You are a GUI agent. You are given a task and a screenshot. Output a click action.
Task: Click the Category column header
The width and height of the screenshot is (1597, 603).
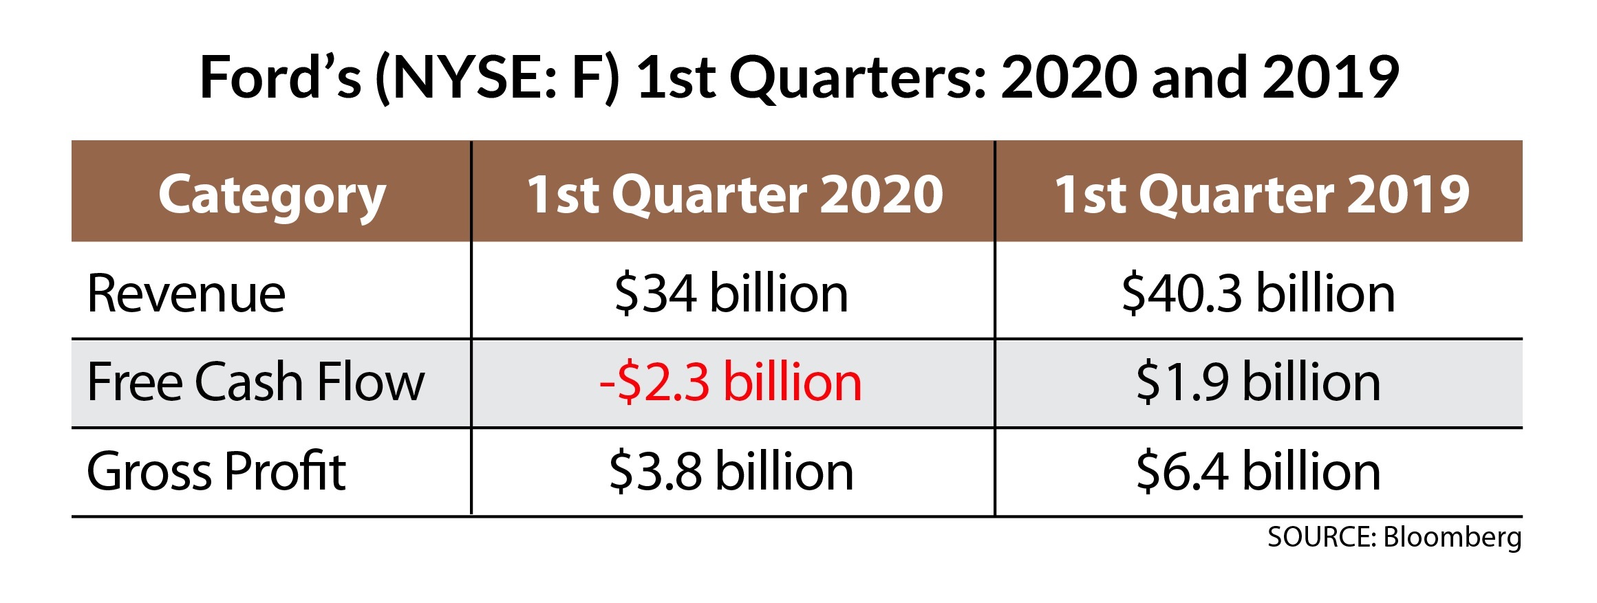[x=272, y=195]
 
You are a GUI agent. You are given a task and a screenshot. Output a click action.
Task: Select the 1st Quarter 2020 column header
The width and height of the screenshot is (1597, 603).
[x=734, y=195]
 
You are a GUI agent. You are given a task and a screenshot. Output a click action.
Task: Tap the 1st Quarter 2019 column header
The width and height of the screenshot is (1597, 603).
[x=1262, y=195]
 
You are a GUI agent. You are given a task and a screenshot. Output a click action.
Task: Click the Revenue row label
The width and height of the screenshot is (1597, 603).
[x=186, y=294]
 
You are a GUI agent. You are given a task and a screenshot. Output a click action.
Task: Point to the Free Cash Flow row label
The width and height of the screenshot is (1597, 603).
[x=255, y=382]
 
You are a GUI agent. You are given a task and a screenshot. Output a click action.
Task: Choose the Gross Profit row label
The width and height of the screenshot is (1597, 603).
[x=216, y=472]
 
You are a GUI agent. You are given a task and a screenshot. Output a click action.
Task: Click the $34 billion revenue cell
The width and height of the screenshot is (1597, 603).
[x=731, y=294]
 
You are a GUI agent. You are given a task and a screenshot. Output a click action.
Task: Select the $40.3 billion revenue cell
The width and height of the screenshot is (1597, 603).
[x=1258, y=294]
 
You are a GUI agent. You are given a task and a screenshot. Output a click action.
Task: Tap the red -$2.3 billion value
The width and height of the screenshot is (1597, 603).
[x=731, y=382]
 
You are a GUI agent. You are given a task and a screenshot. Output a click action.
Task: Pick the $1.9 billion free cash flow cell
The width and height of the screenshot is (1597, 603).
[x=1258, y=382]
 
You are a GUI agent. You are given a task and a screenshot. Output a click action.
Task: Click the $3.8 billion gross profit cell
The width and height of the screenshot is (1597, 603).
[x=731, y=472]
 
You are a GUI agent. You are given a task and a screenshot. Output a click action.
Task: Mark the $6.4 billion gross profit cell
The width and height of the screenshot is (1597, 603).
[x=1258, y=472]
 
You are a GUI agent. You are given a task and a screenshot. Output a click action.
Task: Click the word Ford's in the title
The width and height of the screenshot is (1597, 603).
[x=280, y=77]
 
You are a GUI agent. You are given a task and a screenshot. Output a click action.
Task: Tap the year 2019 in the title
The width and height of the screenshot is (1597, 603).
[x=1331, y=77]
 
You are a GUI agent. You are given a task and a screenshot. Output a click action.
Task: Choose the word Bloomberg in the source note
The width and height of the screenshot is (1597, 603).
[x=1453, y=538]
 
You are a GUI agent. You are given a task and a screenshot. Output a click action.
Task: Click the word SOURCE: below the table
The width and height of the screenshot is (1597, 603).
[x=1321, y=537]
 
